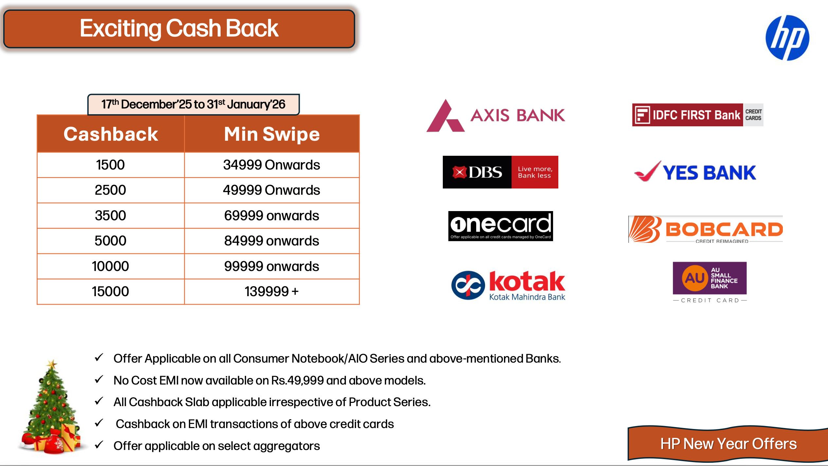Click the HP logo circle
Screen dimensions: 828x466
tap(787, 38)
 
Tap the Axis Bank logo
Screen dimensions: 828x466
tap(495, 116)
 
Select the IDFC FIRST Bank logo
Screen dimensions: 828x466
tap(698, 115)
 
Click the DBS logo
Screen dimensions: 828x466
tap(500, 172)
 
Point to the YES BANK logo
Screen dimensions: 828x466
tap(695, 171)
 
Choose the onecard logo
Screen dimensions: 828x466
tap(501, 226)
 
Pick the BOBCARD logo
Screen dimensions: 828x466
tap(706, 229)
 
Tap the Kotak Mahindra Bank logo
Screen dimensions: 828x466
tap(508, 285)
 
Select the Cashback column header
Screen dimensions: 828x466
tap(111, 134)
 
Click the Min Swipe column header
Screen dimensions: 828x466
tap(272, 134)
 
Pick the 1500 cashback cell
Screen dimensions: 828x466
tap(111, 165)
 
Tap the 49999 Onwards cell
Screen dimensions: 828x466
tap(272, 190)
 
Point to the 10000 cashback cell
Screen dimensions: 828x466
tap(111, 266)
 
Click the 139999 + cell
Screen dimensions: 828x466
tap(272, 292)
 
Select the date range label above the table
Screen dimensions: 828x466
tap(193, 104)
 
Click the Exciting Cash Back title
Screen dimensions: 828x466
tap(179, 28)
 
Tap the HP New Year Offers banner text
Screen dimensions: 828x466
tap(729, 444)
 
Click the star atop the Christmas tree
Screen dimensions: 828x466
tap(51, 364)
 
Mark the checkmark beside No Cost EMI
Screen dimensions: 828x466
tap(99, 380)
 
